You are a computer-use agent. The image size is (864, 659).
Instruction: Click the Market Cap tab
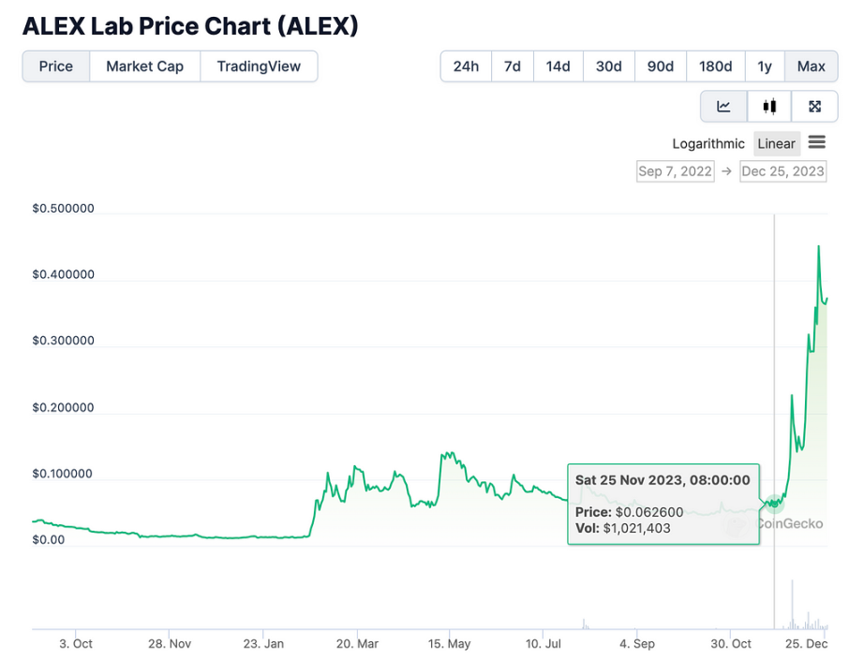point(144,66)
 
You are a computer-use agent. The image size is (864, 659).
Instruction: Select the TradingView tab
point(259,66)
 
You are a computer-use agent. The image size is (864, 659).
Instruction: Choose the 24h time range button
point(466,66)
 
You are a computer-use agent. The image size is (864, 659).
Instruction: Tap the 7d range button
point(513,66)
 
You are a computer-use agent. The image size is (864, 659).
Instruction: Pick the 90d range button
point(661,66)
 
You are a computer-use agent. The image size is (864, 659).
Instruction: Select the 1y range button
point(765,66)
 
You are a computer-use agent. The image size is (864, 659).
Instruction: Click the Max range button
point(811,66)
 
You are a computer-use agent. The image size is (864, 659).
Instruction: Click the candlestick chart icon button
point(769,106)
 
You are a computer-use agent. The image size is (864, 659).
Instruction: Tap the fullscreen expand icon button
point(814,106)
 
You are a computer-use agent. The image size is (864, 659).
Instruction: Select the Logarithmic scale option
point(708,143)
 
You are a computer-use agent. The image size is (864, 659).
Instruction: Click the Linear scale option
point(776,143)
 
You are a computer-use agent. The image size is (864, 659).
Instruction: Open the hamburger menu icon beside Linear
point(816,142)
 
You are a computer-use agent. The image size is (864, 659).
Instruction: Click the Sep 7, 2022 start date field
point(675,171)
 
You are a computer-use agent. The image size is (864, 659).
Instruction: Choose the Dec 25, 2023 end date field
point(782,171)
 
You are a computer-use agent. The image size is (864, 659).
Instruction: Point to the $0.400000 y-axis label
point(63,275)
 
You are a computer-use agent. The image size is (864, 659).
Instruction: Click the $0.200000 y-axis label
point(63,408)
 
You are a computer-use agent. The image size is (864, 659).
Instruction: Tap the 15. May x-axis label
point(449,644)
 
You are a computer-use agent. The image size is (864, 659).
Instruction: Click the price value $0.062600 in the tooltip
point(649,512)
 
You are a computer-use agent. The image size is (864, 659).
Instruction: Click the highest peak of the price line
point(819,246)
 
